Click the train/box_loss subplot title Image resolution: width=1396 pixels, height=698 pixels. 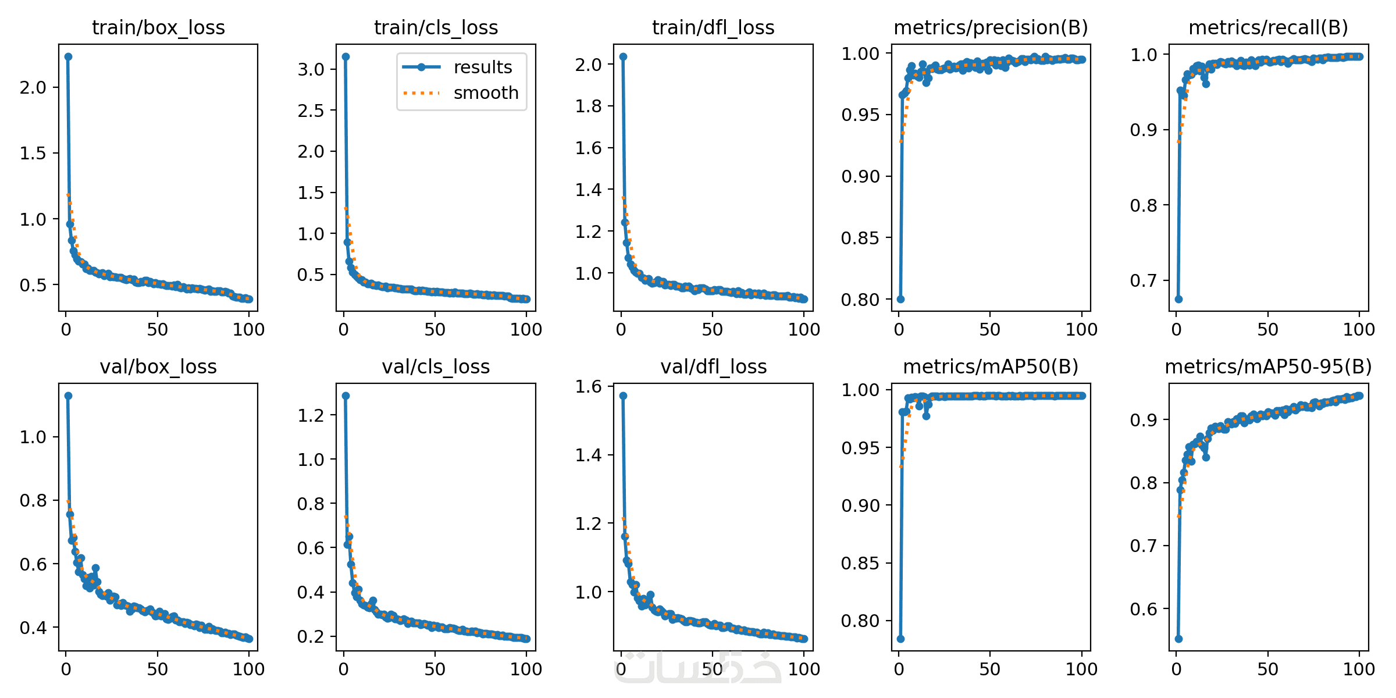coord(158,27)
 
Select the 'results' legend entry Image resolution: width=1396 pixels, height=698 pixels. coord(482,67)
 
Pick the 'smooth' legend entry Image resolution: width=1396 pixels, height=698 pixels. coord(485,93)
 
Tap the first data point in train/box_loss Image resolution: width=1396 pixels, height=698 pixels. coord(68,56)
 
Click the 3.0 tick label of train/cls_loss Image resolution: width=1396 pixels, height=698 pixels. coord(311,69)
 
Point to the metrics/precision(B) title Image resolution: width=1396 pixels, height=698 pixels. coord(991,27)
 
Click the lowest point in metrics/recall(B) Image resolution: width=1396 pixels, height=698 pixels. coord(1178,299)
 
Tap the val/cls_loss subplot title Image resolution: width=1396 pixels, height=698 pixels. coord(436,366)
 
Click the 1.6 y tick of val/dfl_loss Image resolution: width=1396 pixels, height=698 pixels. coord(588,386)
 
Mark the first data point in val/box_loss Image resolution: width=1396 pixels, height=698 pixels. coord(68,396)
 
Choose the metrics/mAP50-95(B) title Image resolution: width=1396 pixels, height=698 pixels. coord(1268,366)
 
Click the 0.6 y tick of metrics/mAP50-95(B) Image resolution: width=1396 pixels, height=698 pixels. coord(1143,609)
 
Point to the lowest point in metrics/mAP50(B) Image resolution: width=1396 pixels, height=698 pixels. coord(900,639)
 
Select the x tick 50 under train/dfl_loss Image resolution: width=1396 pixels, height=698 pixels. coord(713,330)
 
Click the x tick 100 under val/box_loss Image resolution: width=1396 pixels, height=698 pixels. coord(248,669)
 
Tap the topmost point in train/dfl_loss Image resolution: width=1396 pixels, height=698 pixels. coord(623,56)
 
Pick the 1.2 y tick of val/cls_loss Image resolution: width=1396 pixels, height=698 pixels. coord(311,415)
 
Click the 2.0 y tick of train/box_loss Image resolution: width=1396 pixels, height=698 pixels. coord(33,87)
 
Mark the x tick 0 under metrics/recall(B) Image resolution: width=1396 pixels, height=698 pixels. coord(1176,330)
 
